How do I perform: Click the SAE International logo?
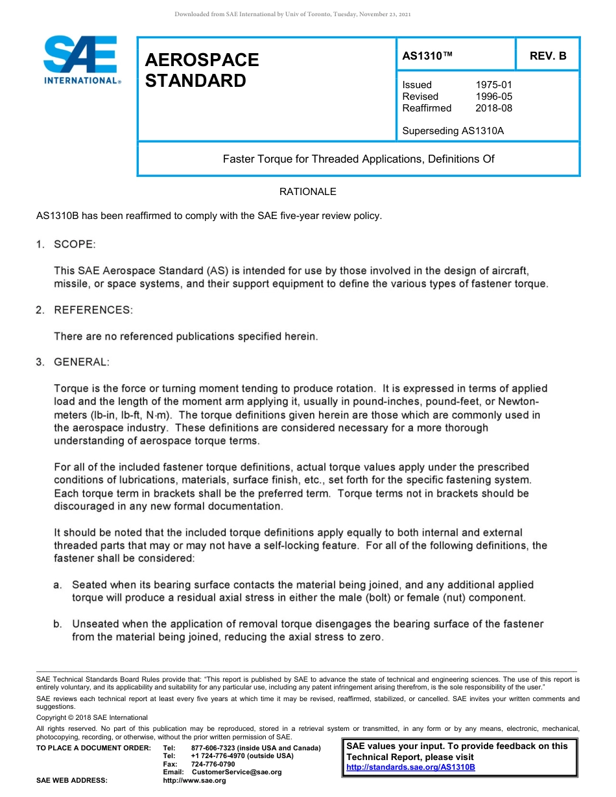80,60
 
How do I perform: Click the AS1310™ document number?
427,56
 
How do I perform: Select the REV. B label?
547,56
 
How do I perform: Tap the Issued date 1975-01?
493,85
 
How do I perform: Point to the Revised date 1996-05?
493,97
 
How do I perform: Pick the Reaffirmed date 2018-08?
493,108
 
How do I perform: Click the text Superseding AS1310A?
453,131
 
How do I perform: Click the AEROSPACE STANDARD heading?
202,71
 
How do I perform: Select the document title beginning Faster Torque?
359,159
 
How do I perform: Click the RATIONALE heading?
307,192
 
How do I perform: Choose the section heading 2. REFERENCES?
84,310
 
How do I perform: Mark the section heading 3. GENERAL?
73,362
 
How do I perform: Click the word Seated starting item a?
90,584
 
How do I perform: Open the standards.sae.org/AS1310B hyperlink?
410,767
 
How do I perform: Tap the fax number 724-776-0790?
213,765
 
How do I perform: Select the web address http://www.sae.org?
194,781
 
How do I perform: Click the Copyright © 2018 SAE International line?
92,718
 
